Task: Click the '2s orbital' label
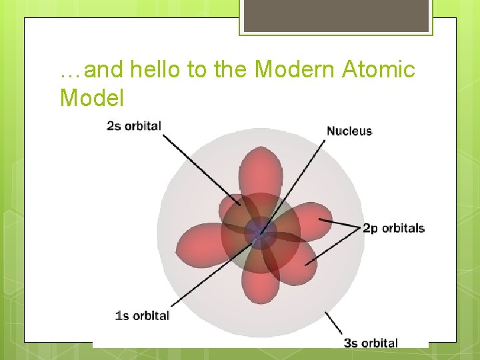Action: click(x=134, y=125)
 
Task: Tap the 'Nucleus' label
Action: click(x=349, y=131)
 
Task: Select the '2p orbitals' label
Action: click(x=393, y=228)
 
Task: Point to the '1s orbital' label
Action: click(x=142, y=315)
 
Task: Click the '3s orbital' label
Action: click(x=371, y=343)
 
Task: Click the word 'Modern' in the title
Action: click(x=295, y=69)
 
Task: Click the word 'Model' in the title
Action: click(x=91, y=98)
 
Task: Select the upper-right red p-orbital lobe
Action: click(x=310, y=220)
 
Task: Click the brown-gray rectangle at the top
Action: click(x=335, y=15)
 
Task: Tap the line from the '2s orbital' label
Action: click(x=200, y=167)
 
